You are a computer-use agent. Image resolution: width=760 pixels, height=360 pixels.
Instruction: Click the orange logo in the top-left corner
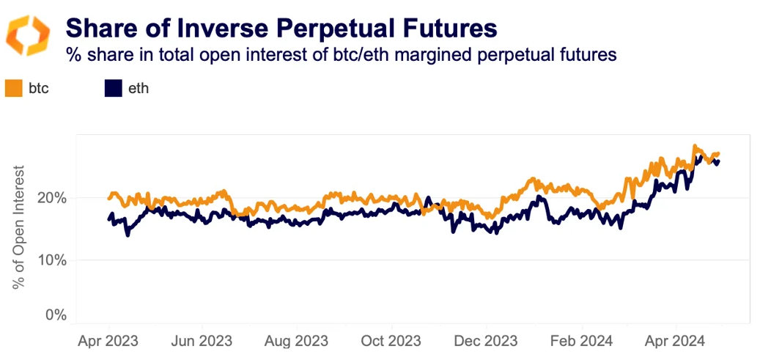click(28, 35)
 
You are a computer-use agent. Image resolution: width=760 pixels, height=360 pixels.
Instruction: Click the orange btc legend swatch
click(13, 89)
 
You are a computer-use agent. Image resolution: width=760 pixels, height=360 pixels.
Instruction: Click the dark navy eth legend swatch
click(112, 89)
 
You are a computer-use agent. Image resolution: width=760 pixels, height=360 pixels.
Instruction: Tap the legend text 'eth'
click(138, 89)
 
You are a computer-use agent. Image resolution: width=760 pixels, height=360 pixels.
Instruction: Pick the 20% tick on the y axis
click(53, 198)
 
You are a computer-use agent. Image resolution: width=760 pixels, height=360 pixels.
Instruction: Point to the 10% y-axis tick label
click(53, 260)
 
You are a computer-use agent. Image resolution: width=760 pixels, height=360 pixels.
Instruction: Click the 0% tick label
click(56, 315)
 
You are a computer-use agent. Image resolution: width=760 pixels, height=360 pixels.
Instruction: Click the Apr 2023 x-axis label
click(108, 341)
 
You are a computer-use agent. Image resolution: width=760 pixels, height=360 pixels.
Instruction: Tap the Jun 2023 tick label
click(202, 341)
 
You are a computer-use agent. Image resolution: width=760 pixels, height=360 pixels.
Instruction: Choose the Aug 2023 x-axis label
click(297, 341)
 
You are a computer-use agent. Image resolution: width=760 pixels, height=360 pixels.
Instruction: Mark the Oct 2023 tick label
click(391, 341)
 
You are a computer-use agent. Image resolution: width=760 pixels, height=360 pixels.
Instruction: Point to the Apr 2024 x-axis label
click(674, 341)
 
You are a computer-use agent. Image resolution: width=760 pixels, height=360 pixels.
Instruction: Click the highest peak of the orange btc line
click(694, 146)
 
